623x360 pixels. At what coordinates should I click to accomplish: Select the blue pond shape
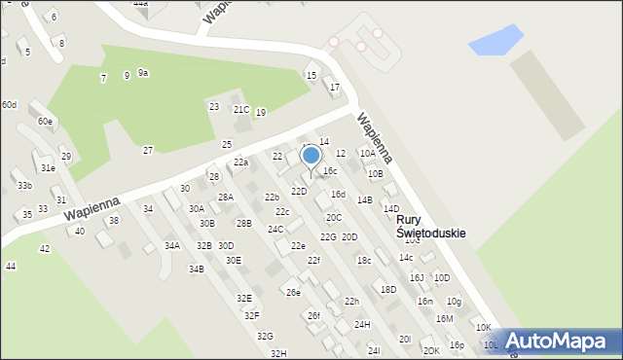[x=495, y=40]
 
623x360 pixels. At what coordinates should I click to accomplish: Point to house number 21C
[x=240, y=110]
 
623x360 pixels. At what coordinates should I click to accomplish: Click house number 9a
[x=143, y=73]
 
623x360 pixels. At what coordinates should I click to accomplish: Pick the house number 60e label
[x=45, y=122]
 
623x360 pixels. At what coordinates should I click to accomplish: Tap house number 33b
[x=24, y=186]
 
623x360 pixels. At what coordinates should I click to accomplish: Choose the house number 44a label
[x=141, y=4]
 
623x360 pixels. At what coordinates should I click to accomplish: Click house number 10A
[x=367, y=153]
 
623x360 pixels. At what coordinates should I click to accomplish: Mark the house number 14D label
[x=391, y=209]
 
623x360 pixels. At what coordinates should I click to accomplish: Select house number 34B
[x=197, y=269]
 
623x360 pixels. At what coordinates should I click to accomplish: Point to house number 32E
[x=244, y=298]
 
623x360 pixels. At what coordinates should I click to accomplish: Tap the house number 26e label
[x=292, y=292]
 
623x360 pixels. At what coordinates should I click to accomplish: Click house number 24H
[x=362, y=324]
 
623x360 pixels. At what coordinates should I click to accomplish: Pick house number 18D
[x=388, y=289]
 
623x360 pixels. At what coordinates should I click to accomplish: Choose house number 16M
[x=444, y=318]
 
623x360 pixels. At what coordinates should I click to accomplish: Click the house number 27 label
[x=148, y=150]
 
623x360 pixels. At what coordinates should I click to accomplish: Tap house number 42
[x=45, y=249]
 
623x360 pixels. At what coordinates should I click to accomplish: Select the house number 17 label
[x=335, y=88]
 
